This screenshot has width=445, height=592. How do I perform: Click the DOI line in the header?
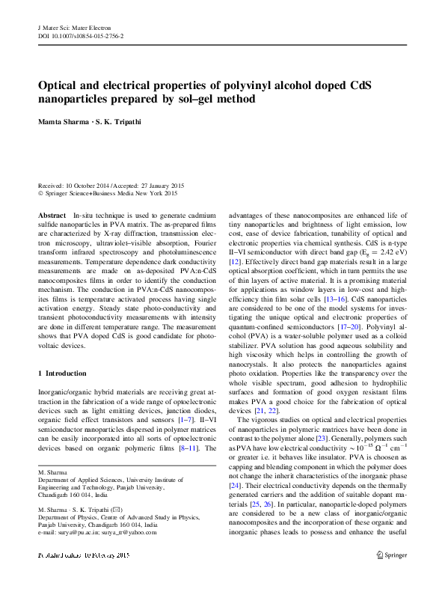[x=81, y=36]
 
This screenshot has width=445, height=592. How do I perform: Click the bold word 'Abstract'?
[x=52, y=215]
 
